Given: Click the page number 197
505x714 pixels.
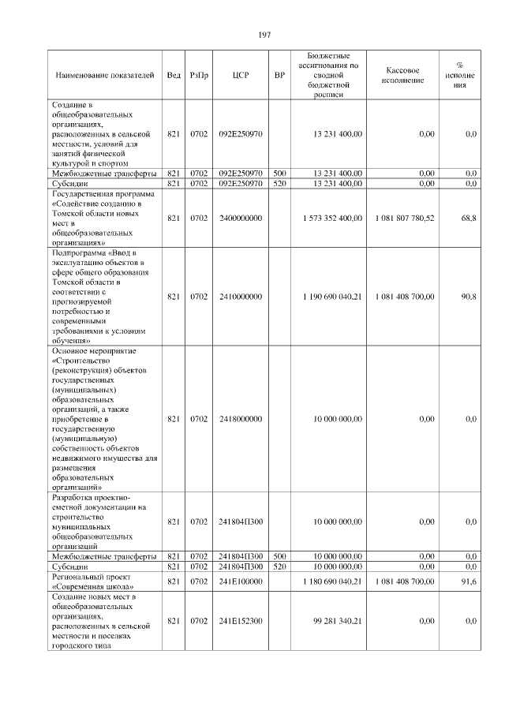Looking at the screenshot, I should point(264,36).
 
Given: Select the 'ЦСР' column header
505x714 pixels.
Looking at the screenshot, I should point(241,76).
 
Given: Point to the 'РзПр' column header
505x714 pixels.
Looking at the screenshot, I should point(199,76).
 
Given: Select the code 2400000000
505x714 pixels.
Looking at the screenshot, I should point(241,218).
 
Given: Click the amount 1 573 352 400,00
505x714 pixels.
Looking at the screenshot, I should point(332,218).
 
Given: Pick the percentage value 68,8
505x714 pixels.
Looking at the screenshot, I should point(468,218).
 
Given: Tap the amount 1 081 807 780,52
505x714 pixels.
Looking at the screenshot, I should point(405,218).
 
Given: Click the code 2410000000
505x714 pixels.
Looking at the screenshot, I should point(241,297).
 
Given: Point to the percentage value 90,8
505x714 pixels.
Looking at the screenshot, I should point(468,297).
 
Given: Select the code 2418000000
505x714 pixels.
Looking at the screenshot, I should point(241,419).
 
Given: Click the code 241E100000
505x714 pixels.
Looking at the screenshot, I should point(241,581).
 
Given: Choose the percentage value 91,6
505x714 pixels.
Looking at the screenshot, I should point(468,581).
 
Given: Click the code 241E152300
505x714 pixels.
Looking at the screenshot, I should point(241,621).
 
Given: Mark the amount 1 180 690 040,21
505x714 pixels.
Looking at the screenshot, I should point(332,581).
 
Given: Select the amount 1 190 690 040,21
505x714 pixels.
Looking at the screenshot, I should point(332,297).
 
